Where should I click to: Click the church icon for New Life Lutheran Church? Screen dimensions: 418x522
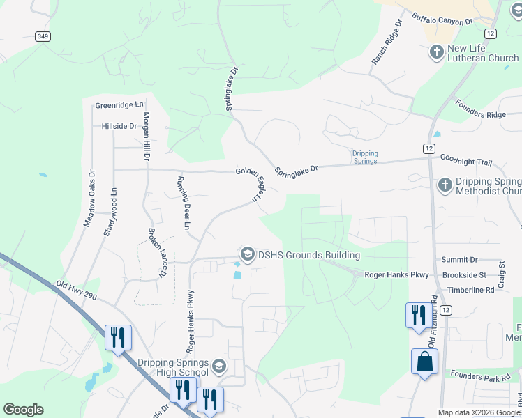[x=436, y=52]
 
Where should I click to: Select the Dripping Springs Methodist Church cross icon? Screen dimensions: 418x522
[x=445, y=185]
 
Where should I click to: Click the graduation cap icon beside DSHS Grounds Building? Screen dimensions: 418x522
[x=247, y=255]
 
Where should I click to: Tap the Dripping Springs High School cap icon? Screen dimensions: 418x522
[x=219, y=366]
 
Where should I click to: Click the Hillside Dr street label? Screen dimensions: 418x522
[x=119, y=126]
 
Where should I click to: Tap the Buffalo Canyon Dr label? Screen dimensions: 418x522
[x=442, y=20]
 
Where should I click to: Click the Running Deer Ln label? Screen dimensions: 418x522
[x=183, y=202]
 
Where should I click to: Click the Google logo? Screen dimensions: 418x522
[x=23, y=410]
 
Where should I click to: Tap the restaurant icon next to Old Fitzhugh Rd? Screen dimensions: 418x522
[x=416, y=314]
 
